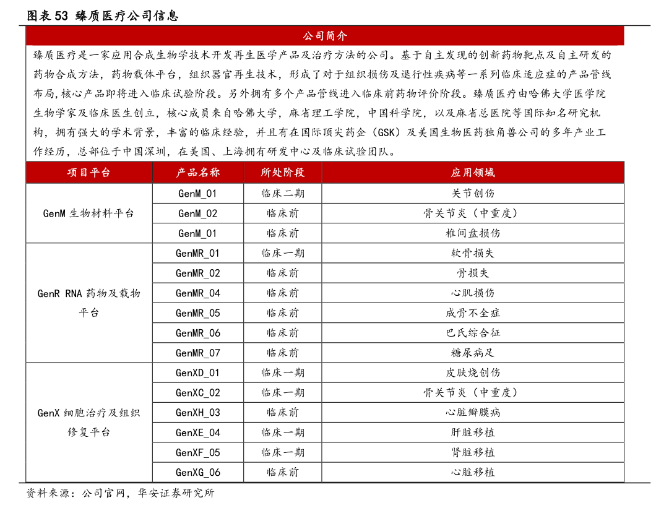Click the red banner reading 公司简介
click(325, 36)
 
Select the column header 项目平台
click(88, 172)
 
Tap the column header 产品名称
click(198, 172)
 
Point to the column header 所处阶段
click(282, 172)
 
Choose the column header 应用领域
click(473, 172)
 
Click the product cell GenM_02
click(198, 213)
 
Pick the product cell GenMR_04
click(198, 293)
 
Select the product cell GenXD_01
click(198, 372)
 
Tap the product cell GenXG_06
click(198, 472)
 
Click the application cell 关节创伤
click(473, 193)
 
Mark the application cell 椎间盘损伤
click(473, 233)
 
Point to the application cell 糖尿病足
click(473, 353)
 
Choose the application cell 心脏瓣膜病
click(473, 413)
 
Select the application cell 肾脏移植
click(473, 452)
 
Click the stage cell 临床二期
click(282, 193)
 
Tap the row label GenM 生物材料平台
click(88, 213)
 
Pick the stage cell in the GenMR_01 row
click(282, 253)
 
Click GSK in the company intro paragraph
click(386, 132)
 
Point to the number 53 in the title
click(61, 16)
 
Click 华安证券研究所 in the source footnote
click(176, 493)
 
